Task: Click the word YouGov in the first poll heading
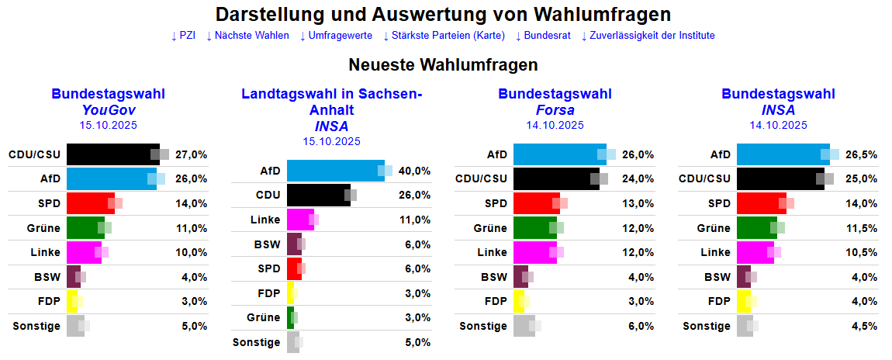click(108, 109)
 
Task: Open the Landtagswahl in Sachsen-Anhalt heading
click(331, 102)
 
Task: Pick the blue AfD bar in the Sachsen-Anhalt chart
click(334, 171)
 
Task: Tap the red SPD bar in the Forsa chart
click(535, 203)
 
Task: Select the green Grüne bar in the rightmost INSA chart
click(755, 228)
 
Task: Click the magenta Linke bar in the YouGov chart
click(84, 253)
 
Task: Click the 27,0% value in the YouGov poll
click(192, 154)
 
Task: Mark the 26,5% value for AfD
click(862, 154)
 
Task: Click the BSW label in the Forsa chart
click(493, 277)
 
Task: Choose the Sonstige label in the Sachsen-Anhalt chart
click(256, 342)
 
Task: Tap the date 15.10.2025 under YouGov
click(108, 124)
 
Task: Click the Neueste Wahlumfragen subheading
click(443, 64)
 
